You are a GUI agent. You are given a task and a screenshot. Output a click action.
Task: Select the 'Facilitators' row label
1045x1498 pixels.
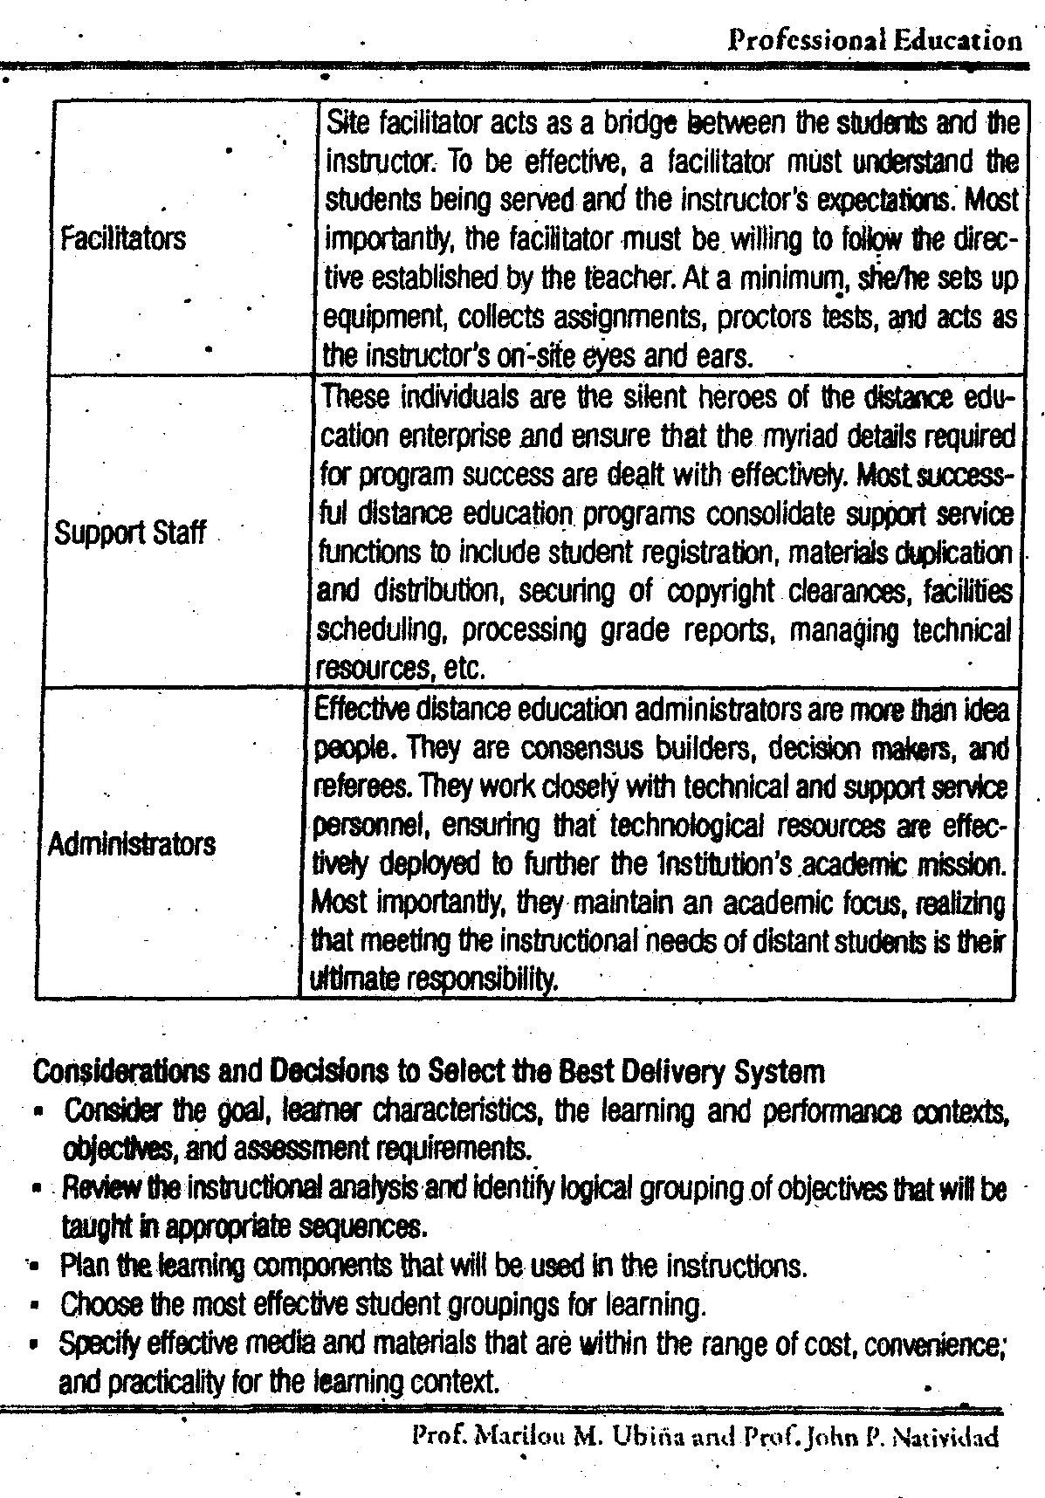(x=123, y=238)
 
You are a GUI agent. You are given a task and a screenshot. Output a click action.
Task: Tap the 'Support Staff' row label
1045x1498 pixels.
(x=130, y=533)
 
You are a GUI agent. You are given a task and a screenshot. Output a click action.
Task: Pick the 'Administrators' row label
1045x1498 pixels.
(x=131, y=844)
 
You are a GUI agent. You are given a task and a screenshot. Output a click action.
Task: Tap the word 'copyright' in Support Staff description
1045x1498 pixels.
(x=720, y=592)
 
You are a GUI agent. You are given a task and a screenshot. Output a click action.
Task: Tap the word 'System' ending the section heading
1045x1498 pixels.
(x=778, y=1070)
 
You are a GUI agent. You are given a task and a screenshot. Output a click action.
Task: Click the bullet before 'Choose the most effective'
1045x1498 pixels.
(x=32, y=1307)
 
